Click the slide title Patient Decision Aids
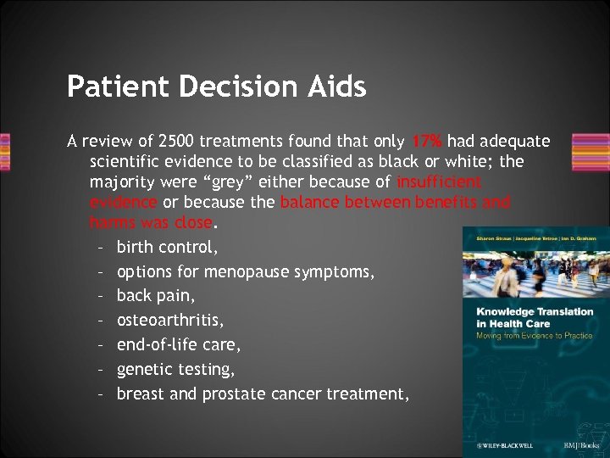(216, 87)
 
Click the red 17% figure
(429, 140)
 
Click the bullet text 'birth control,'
(167, 248)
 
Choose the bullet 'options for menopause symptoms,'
(247, 272)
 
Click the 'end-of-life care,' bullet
(179, 345)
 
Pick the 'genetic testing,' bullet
(174, 369)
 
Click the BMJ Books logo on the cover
(580, 444)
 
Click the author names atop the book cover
(535, 238)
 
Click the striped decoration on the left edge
(5, 151)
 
